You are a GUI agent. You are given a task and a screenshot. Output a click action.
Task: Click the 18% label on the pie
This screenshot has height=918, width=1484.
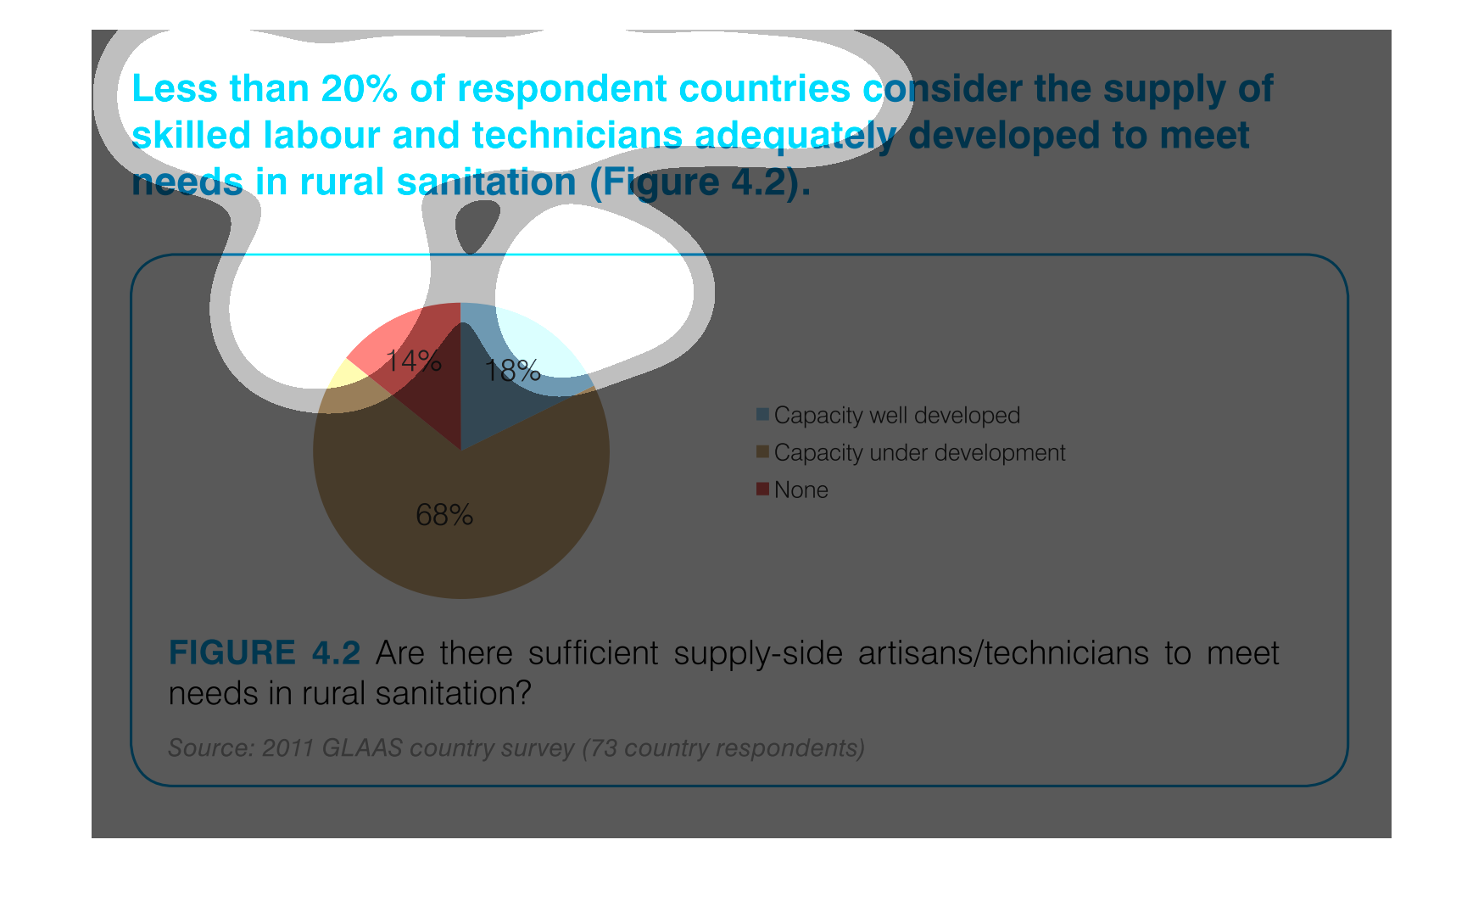pyautogui.click(x=512, y=371)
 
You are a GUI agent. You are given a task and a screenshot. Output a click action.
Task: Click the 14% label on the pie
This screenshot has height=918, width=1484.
pyautogui.click(x=414, y=361)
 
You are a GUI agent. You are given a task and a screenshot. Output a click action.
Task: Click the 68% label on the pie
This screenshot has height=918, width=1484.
pyautogui.click(x=444, y=515)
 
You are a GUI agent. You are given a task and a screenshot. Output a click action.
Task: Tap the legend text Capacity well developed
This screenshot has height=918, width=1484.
pyautogui.click(x=897, y=416)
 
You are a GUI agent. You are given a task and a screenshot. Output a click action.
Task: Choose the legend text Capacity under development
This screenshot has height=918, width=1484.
pyautogui.click(x=920, y=453)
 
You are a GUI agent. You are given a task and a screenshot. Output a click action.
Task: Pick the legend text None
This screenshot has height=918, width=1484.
pyautogui.click(x=801, y=490)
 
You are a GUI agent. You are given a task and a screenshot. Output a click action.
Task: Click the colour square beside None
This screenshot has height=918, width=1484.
pyautogui.click(x=762, y=489)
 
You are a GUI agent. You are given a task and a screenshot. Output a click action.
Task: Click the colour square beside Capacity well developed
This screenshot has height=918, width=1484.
pyautogui.click(x=762, y=414)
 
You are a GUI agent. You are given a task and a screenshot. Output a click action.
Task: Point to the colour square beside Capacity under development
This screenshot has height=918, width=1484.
pyautogui.click(x=762, y=451)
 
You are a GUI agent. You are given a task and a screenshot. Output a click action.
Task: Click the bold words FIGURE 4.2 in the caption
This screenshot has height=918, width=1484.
pyautogui.click(x=265, y=653)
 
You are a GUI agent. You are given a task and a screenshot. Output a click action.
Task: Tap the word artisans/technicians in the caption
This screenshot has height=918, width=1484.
pyautogui.click(x=1004, y=654)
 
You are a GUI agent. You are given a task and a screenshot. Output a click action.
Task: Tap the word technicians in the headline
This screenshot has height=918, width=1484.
pyautogui.click(x=577, y=136)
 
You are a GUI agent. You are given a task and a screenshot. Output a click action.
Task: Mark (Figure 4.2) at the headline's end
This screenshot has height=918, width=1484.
pyautogui.click(x=700, y=183)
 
